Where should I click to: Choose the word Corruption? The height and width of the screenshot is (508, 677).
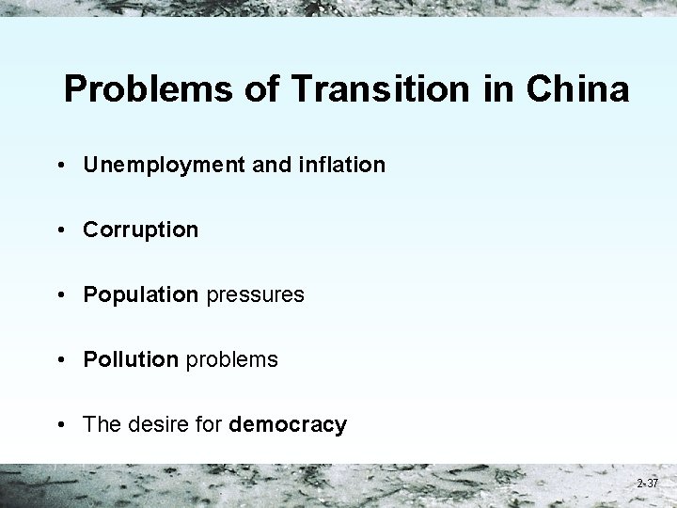[140, 230]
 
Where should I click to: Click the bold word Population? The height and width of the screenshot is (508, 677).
[140, 294]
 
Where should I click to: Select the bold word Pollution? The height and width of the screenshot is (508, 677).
[131, 359]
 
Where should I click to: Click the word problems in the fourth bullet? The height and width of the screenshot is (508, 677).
[231, 359]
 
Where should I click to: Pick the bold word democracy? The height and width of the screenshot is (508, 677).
[288, 424]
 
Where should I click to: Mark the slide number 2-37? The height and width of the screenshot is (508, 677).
[648, 484]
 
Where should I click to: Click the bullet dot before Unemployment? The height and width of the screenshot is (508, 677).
[59, 166]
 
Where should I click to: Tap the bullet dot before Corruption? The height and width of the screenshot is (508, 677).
[59, 230]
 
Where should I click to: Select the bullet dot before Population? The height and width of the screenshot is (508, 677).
[59, 295]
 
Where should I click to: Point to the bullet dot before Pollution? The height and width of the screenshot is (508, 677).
[59, 360]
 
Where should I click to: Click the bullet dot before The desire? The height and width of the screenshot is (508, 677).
[59, 425]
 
